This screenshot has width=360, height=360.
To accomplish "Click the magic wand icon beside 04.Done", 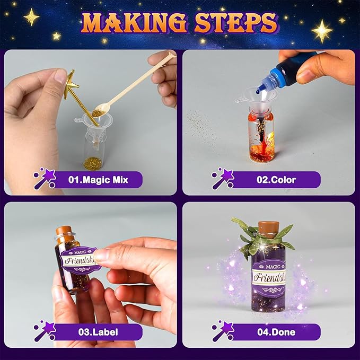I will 223,332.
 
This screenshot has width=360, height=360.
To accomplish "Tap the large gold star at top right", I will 322,31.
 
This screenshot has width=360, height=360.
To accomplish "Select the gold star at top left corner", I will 31,17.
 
